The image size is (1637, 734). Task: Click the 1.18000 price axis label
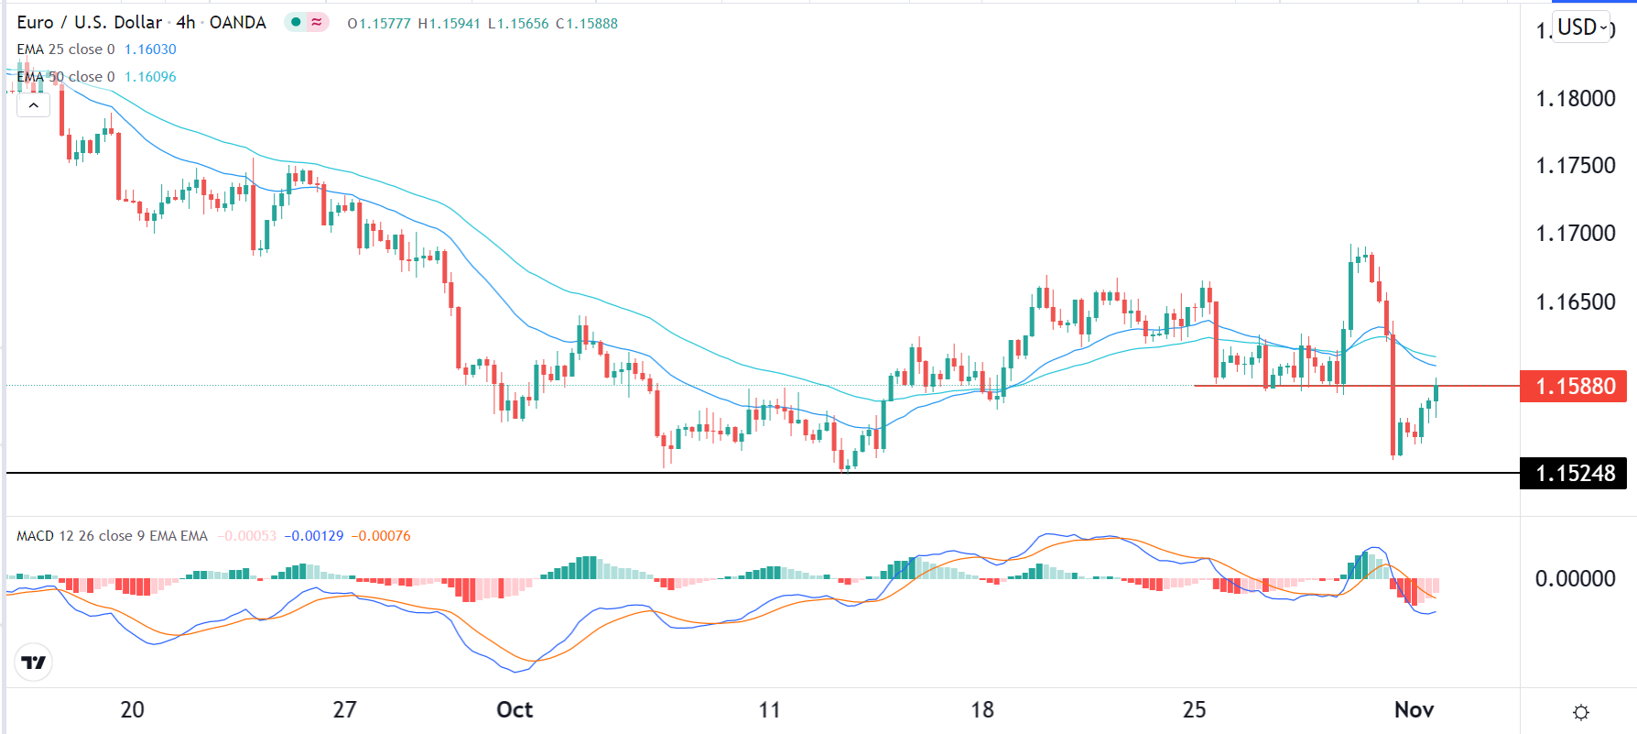pos(1575,99)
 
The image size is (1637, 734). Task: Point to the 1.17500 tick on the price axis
pos(1575,166)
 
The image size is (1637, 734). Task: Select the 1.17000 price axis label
pos(1575,234)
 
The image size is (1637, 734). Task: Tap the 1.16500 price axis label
pos(1575,302)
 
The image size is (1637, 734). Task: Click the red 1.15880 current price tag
pos(1574,387)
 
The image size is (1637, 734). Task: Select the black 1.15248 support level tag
pos(1574,474)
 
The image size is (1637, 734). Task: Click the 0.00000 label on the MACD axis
pos(1575,579)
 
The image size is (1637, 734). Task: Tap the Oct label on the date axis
pos(515,710)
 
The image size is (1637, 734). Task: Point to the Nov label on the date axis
pos(1414,710)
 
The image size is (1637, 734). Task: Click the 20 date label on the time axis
pos(133,710)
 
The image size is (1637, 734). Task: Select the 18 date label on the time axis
pos(981,710)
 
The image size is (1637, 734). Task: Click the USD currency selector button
pos(1582,27)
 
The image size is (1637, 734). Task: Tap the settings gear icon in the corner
pos(1580,712)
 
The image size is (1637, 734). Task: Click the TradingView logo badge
pos(34,663)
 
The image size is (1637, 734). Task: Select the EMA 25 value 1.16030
pos(150,49)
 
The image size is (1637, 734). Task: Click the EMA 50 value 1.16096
pos(150,77)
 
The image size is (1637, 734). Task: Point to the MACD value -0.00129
pos(314,536)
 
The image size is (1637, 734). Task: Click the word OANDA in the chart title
pos(238,23)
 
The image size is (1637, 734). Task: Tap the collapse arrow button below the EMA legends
pos(33,104)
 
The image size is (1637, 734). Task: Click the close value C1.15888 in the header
pos(587,24)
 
